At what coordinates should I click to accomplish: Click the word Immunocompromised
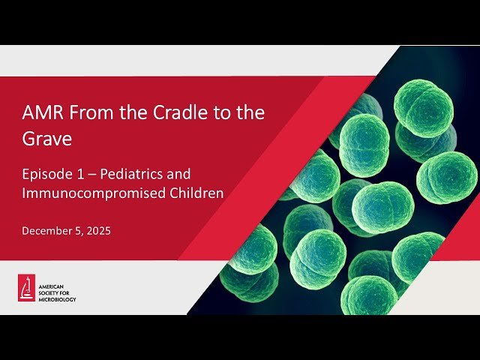[82, 193]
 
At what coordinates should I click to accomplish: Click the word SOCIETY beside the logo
[51, 293]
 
